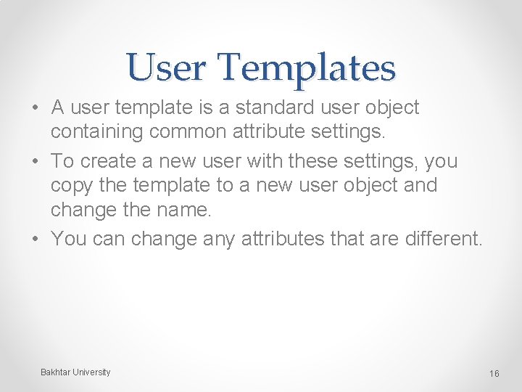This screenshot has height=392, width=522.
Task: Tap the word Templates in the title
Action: click(307, 68)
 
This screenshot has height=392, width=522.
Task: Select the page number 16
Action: click(494, 373)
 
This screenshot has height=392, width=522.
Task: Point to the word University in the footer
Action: click(91, 372)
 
